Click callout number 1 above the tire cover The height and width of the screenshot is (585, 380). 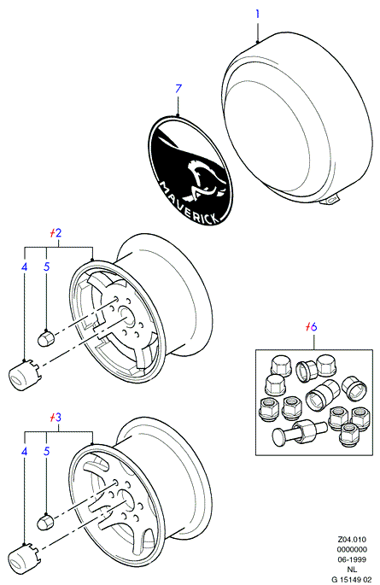coord(257,15)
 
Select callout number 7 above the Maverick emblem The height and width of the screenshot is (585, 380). coord(178,89)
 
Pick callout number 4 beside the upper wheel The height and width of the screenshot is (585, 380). coord(24,267)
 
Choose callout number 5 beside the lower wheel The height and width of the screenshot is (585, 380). coord(47,452)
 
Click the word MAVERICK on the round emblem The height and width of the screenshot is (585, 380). coord(190,203)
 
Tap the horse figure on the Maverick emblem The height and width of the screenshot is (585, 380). coord(204,178)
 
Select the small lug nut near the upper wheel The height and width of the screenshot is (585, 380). coord(47,338)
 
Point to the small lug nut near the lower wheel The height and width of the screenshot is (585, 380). coord(45,522)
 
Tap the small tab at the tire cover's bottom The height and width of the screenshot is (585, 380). coord(330,201)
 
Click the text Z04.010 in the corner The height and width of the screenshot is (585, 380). coord(352,540)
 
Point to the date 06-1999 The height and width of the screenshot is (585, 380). coord(352,559)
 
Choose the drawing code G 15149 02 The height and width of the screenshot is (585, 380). coord(352,579)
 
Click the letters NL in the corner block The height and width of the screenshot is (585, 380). coord(352,570)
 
